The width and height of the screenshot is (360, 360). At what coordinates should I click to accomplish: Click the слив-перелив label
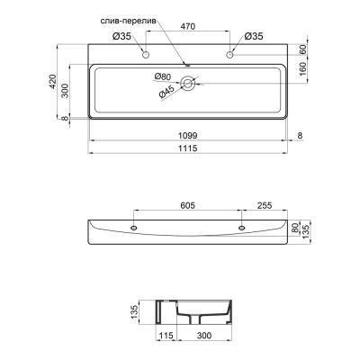click(x=130, y=18)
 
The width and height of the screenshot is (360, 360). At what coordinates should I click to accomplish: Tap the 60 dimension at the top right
click(x=303, y=50)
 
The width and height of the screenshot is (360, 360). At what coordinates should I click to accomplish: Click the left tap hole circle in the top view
click(x=145, y=56)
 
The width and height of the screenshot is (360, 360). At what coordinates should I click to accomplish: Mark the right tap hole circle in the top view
click(x=230, y=56)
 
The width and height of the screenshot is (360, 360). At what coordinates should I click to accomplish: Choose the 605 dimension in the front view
click(x=187, y=204)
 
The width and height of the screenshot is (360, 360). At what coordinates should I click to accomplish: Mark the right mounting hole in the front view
click(x=241, y=228)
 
